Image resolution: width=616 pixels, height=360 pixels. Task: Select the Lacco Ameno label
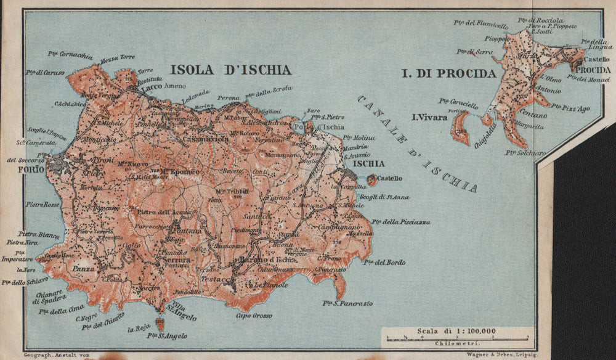[x=163, y=86]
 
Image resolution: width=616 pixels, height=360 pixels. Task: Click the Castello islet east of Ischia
[x=371, y=179]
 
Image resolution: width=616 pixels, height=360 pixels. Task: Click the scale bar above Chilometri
[x=456, y=338]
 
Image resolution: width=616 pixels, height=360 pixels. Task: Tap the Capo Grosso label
[x=253, y=316]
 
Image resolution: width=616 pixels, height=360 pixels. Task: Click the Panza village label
[x=83, y=269]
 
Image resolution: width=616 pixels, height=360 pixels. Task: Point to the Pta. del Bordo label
[x=384, y=263]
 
